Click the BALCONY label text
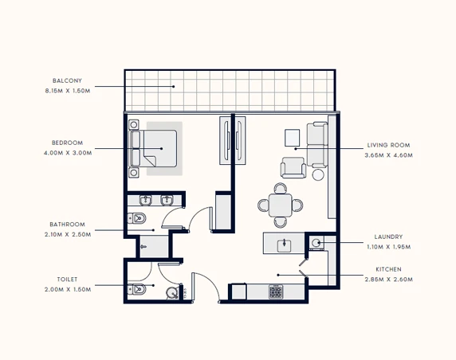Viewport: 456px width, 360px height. (67, 80)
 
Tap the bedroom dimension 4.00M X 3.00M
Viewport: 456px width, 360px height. (68, 153)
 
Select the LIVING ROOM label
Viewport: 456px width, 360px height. (388, 145)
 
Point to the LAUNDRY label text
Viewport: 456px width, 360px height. (388, 237)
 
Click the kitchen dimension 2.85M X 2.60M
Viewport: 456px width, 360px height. (389, 280)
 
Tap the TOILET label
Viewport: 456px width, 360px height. (67, 280)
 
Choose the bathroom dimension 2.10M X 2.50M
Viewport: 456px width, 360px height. (68, 234)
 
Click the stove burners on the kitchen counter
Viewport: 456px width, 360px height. (276, 292)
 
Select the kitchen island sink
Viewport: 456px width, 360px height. (284, 245)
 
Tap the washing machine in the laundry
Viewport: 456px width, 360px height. (316, 243)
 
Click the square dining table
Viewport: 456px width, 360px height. (280, 205)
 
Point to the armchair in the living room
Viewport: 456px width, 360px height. (293, 167)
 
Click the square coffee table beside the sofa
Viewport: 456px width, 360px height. (292, 138)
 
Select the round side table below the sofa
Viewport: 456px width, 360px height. (318, 174)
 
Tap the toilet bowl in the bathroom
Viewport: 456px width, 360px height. (136, 218)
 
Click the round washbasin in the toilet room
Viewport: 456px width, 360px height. (172, 293)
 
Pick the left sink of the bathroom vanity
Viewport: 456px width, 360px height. (145, 200)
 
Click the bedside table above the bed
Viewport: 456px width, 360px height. (133, 125)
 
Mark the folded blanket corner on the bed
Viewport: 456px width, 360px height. (149, 161)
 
